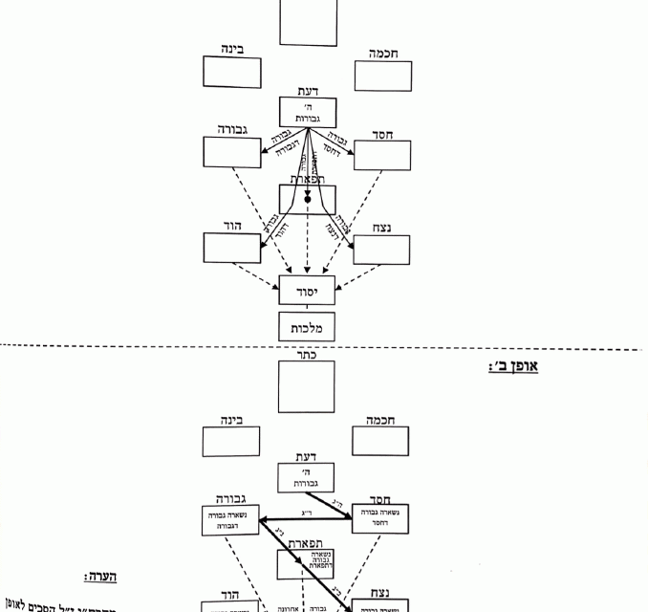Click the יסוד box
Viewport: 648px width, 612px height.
(x=307, y=290)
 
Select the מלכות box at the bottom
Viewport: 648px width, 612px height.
(x=307, y=327)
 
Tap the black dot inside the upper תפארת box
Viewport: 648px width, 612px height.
(x=307, y=200)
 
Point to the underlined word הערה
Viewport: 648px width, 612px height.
(x=98, y=577)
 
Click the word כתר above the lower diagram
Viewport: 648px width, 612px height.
(x=306, y=354)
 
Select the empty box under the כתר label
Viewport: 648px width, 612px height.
(x=306, y=385)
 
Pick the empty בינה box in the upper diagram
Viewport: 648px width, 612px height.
(x=231, y=72)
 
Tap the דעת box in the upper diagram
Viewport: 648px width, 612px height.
(x=307, y=112)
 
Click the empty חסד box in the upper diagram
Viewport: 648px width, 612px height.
(x=381, y=155)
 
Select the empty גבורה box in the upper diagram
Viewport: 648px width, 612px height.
(x=231, y=152)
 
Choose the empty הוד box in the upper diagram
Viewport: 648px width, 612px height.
(x=231, y=248)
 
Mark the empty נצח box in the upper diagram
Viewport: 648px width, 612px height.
(x=381, y=250)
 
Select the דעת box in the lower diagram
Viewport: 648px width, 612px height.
(x=307, y=477)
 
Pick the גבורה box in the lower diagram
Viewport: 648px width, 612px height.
(x=231, y=519)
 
